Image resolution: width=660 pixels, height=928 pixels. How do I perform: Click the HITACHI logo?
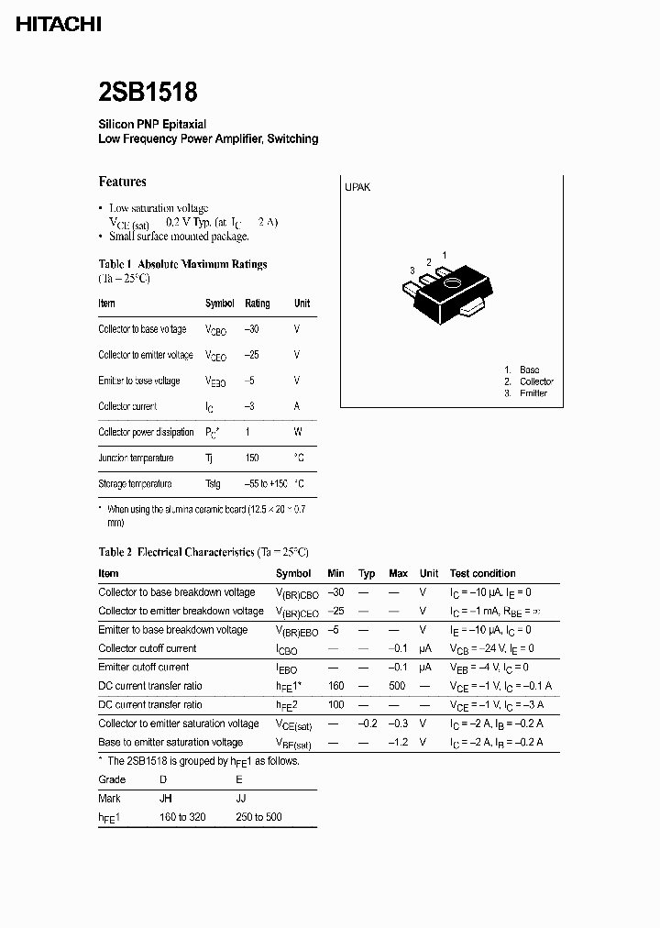coord(59,26)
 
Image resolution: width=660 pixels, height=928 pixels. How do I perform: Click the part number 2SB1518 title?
coord(148,93)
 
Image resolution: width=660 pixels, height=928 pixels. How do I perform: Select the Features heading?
coord(122,182)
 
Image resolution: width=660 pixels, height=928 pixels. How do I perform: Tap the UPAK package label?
coord(357,187)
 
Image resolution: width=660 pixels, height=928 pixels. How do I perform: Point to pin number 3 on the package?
coord(413,271)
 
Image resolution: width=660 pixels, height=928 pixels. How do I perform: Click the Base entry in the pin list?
coord(529,370)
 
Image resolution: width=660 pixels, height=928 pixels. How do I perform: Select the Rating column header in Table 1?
coord(258,304)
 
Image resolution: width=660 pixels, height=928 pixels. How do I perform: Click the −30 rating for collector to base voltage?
coord(253,329)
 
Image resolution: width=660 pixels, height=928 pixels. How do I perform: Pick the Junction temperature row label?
coord(136,458)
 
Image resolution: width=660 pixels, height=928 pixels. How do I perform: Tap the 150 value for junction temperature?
coord(252,458)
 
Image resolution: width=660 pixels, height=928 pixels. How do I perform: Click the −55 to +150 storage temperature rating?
coord(266,483)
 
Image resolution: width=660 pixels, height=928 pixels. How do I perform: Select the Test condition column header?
coord(482,573)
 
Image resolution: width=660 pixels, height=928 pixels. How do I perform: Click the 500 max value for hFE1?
coord(397,686)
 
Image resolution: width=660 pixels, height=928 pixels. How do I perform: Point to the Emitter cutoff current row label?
coord(144,667)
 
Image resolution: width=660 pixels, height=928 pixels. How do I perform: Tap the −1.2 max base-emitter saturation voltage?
coord(397,742)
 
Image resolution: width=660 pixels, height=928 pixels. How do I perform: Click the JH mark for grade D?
coord(166,798)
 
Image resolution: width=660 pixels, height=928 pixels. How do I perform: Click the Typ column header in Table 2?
coord(367,573)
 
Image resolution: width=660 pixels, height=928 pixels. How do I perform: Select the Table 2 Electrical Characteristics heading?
coord(203,552)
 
